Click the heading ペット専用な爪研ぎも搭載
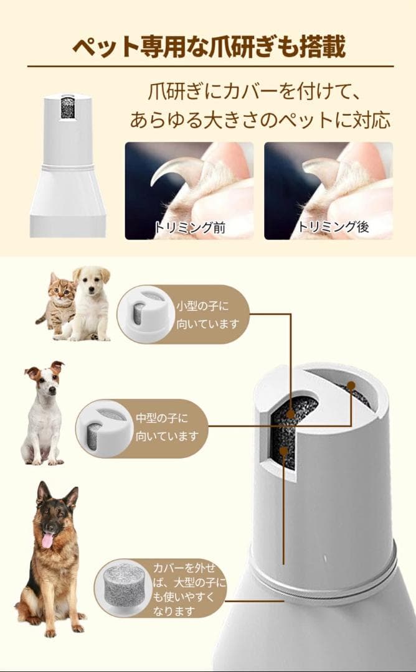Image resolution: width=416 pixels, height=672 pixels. coord(209,46)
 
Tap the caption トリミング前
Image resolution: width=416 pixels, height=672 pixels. coord(190,226)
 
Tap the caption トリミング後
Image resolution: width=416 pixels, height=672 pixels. coord(333,226)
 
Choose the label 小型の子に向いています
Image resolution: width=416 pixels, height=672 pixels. coord(207,315)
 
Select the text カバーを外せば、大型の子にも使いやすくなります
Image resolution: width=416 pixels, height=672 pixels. coord(189,589)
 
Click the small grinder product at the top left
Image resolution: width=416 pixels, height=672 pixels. coord(68,166)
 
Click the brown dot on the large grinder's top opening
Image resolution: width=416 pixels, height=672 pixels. coord(351,385)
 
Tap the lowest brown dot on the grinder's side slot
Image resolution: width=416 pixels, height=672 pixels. coord(283,450)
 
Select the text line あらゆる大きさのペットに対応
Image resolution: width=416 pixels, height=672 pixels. coord(260,120)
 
